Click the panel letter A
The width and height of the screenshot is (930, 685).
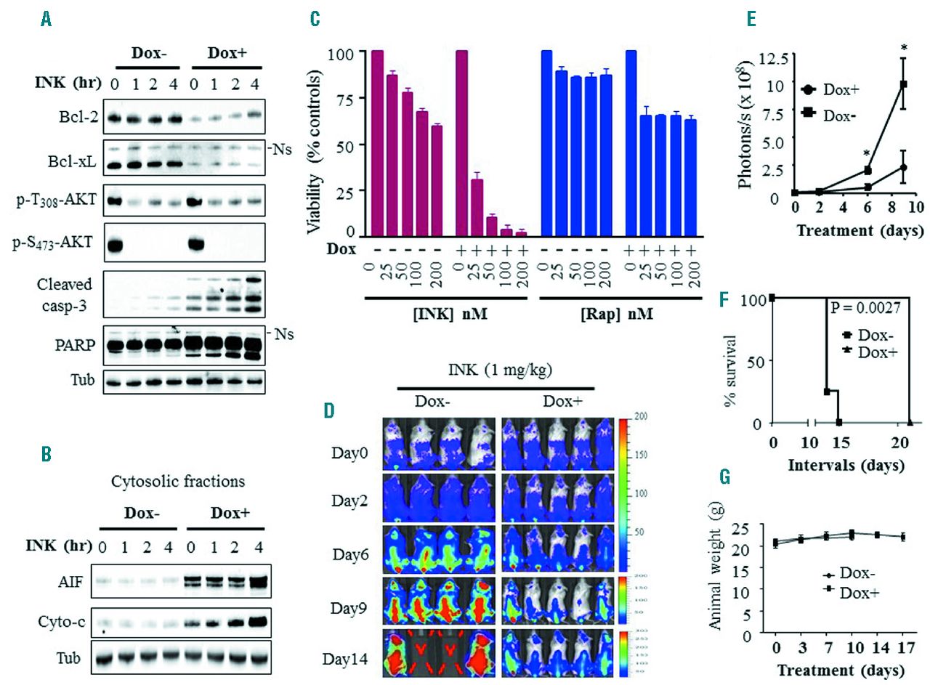46,20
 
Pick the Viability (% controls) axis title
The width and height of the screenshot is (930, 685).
314,146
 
